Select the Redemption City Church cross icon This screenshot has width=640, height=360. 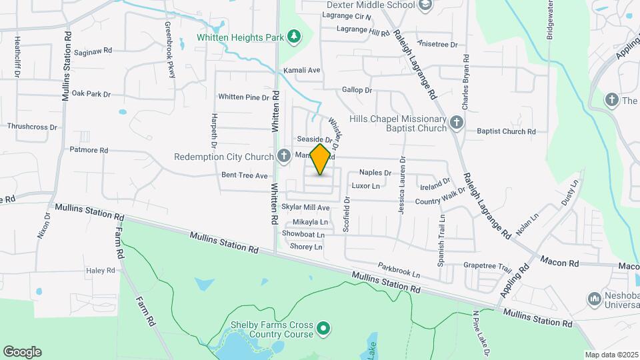pyautogui.click(x=283, y=157)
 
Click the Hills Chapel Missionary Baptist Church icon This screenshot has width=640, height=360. pyautogui.click(x=457, y=122)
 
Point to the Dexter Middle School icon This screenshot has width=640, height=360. pyautogui.click(x=425, y=5)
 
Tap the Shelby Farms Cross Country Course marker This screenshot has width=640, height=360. pyautogui.click(x=323, y=328)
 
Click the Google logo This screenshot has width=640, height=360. pyautogui.click(x=22, y=352)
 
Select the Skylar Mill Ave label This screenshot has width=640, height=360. pyautogui.click(x=305, y=208)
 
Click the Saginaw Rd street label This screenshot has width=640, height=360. pyautogui.click(x=93, y=51)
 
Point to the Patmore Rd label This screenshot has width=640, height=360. pyautogui.click(x=89, y=151)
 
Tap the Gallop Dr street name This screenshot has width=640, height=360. pyautogui.click(x=357, y=90)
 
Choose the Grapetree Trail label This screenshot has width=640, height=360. pyautogui.click(x=487, y=265)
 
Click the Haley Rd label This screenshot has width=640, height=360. pyautogui.click(x=101, y=271)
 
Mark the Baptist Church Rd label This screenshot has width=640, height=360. pyautogui.click(x=506, y=131)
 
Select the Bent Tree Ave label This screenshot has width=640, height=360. pyautogui.click(x=245, y=175)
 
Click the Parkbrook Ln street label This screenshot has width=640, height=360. pyautogui.click(x=399, y=270)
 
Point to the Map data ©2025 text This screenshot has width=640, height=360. pyautogui.click(x=611, y=355)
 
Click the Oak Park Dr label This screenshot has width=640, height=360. pyautogui.click(x=91, y=94)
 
